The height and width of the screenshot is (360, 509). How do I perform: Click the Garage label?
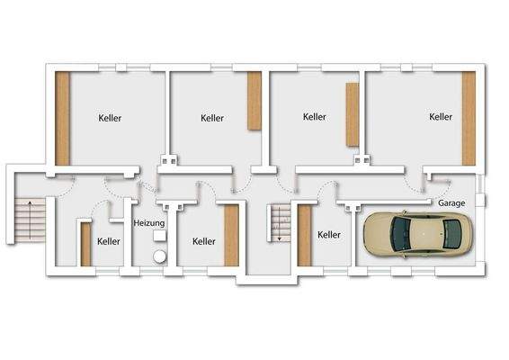click(451, 203)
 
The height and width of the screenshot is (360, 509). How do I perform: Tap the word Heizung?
click(148, 222)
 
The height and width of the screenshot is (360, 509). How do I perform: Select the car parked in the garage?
click(414, 234)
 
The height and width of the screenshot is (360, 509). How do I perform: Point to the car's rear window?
click(451, 234)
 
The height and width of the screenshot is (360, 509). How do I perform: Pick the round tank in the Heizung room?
click(158, 256)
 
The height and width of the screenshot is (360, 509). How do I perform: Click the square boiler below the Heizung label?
click(159, 236)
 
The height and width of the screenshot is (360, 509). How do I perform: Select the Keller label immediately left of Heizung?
click(109, 241)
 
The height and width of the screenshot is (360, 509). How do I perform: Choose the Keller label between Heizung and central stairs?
click(204, 241)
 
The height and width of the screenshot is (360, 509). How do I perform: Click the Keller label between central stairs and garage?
click(329, 234)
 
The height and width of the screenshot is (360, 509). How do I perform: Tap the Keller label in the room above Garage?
click(441, 117)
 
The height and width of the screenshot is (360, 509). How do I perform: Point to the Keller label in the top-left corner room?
click(111, 118)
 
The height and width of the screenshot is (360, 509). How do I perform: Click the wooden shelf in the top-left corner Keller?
click(62, 118)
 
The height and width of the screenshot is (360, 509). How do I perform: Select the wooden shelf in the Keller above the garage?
click(468, 118)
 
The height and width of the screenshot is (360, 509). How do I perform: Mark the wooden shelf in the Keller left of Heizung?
click(85, 243)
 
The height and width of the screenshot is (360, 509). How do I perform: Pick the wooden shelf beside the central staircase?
click(304, 235)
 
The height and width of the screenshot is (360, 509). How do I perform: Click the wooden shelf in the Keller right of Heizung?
click(231, 235)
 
